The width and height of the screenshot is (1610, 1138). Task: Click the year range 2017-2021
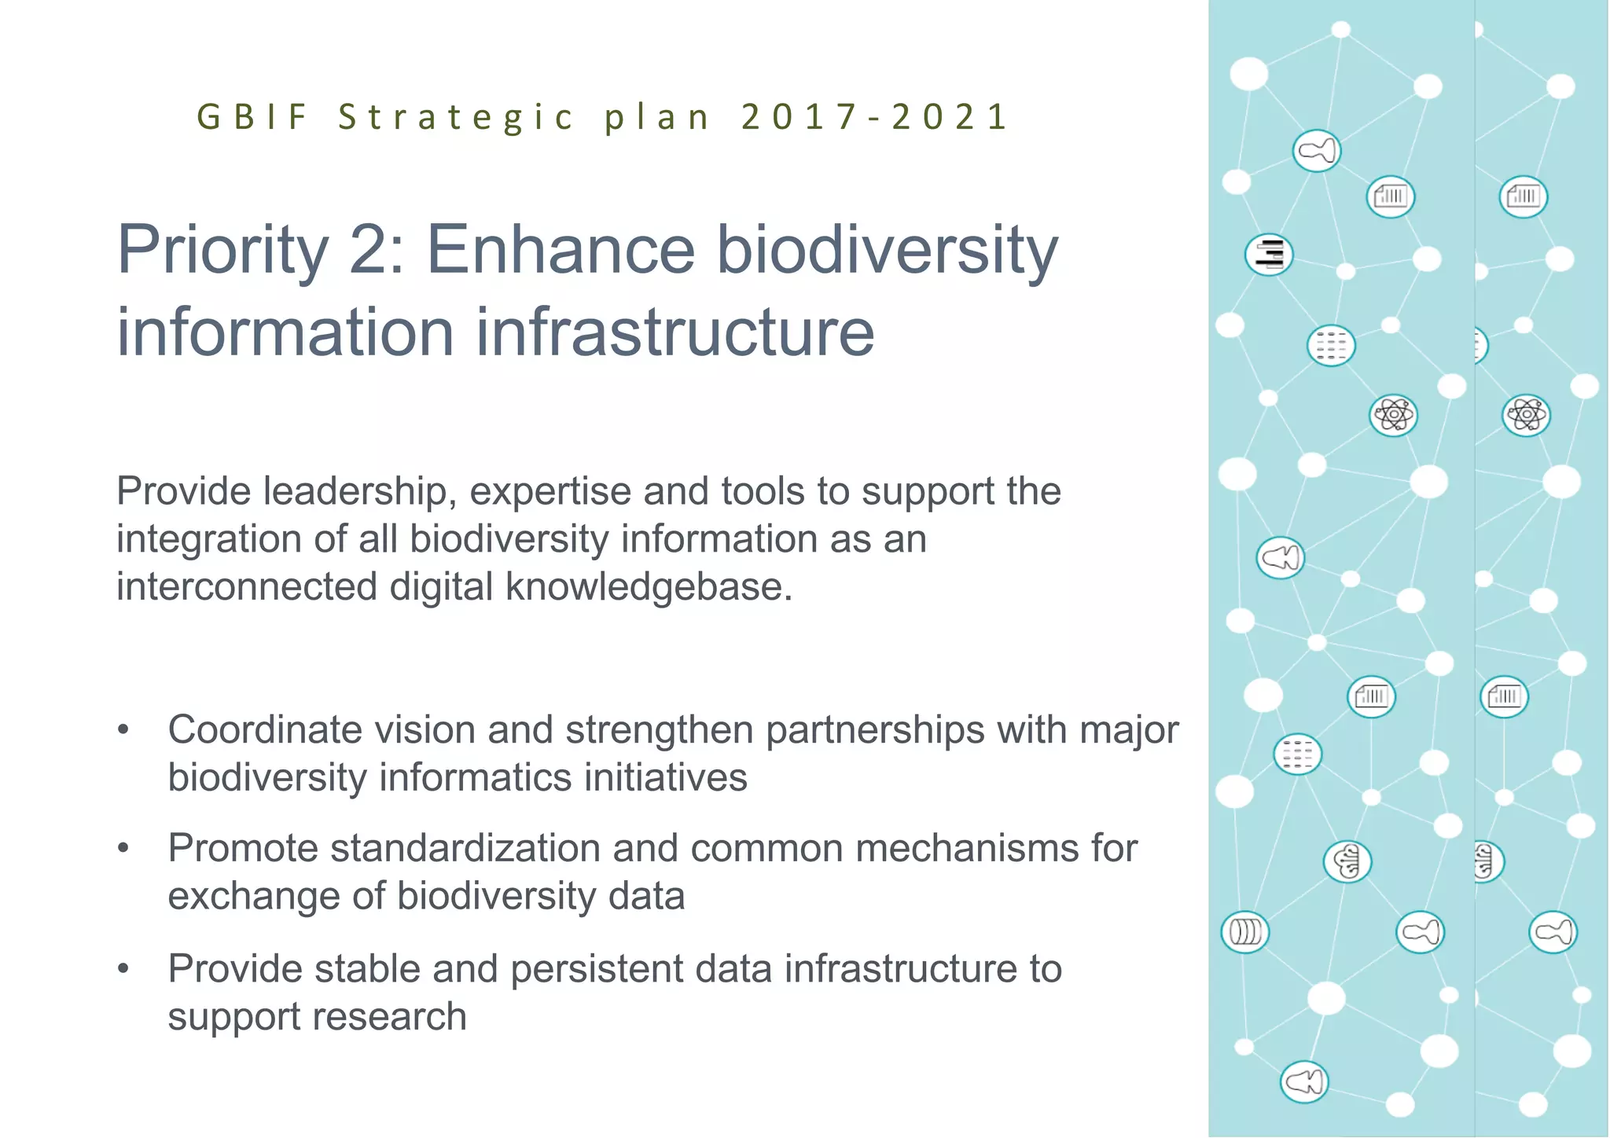(873, 117)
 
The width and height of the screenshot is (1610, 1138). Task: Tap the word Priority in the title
(222, 251)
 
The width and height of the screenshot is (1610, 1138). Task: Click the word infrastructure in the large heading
(675, 332)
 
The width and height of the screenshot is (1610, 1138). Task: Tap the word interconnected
(246, 588)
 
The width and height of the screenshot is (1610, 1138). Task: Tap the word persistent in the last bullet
(596, 969)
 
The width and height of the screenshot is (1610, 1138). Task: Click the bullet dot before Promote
(123, 849)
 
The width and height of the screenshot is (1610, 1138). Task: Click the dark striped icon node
(1269, 255)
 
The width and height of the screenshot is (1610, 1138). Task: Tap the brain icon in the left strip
(1347, 861)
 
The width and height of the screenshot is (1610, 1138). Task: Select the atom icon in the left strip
(1393, 415)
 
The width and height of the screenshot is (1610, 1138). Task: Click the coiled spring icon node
(1244, 932)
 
